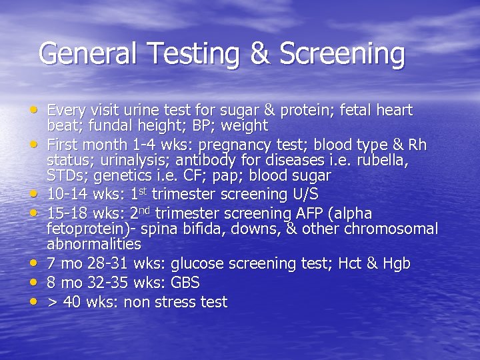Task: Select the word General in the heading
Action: coord(87,54)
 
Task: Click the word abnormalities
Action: coord(94,244)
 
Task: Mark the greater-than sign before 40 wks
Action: coord(52,303)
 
